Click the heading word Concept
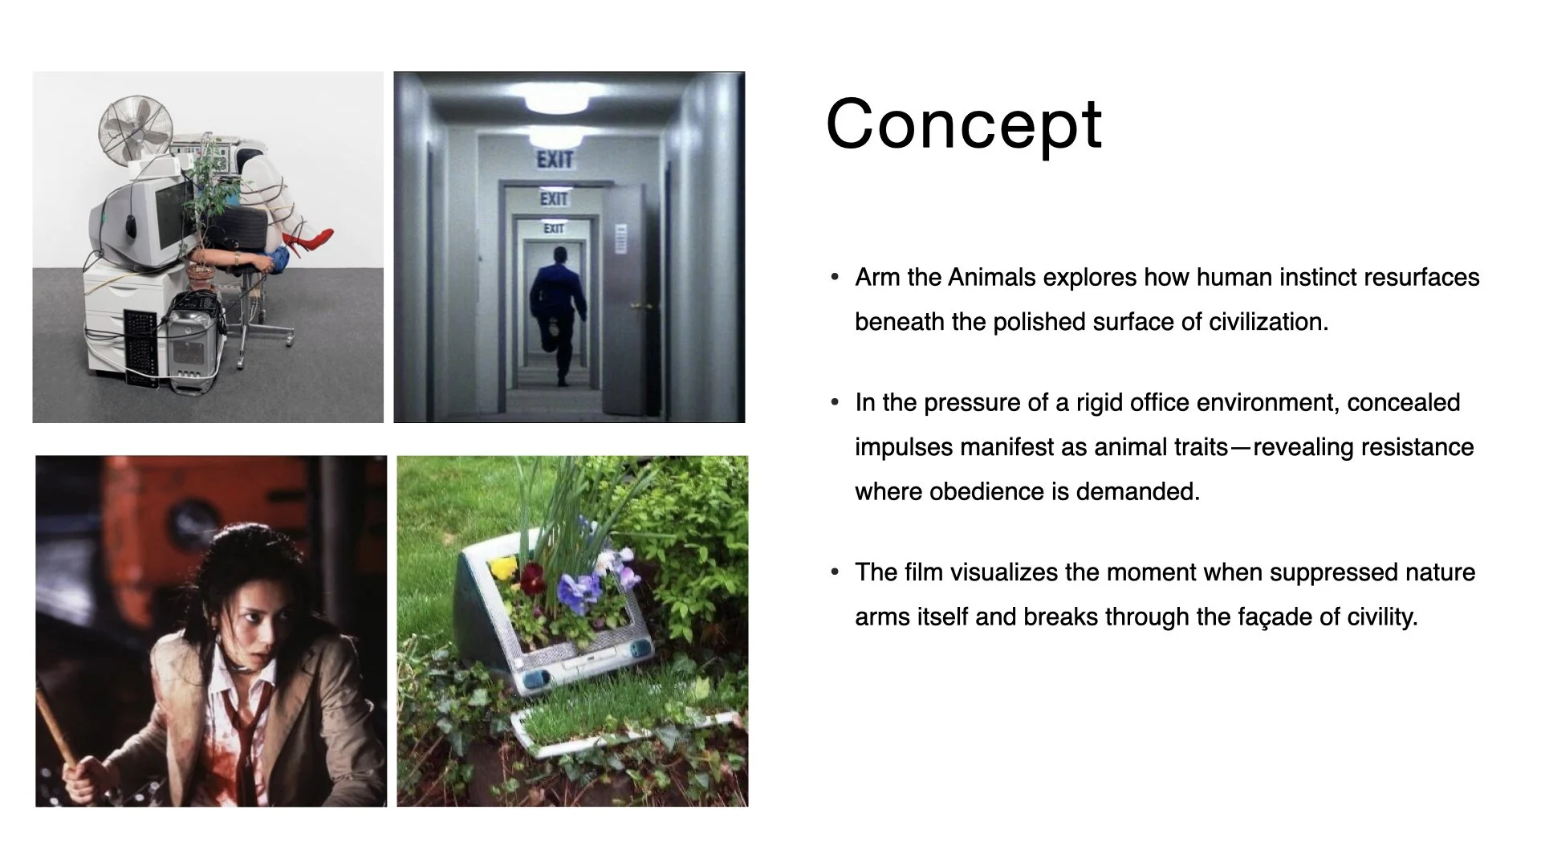(x=963, y=124)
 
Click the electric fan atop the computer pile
(x=135, y=128)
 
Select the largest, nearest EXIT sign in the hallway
(x=555, y=160)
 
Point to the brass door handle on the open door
(x=636, y=306)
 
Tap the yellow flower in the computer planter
(x=503, y=568)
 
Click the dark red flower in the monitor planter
(x=531, y=576)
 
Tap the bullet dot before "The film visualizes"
(x=835, y=572)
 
